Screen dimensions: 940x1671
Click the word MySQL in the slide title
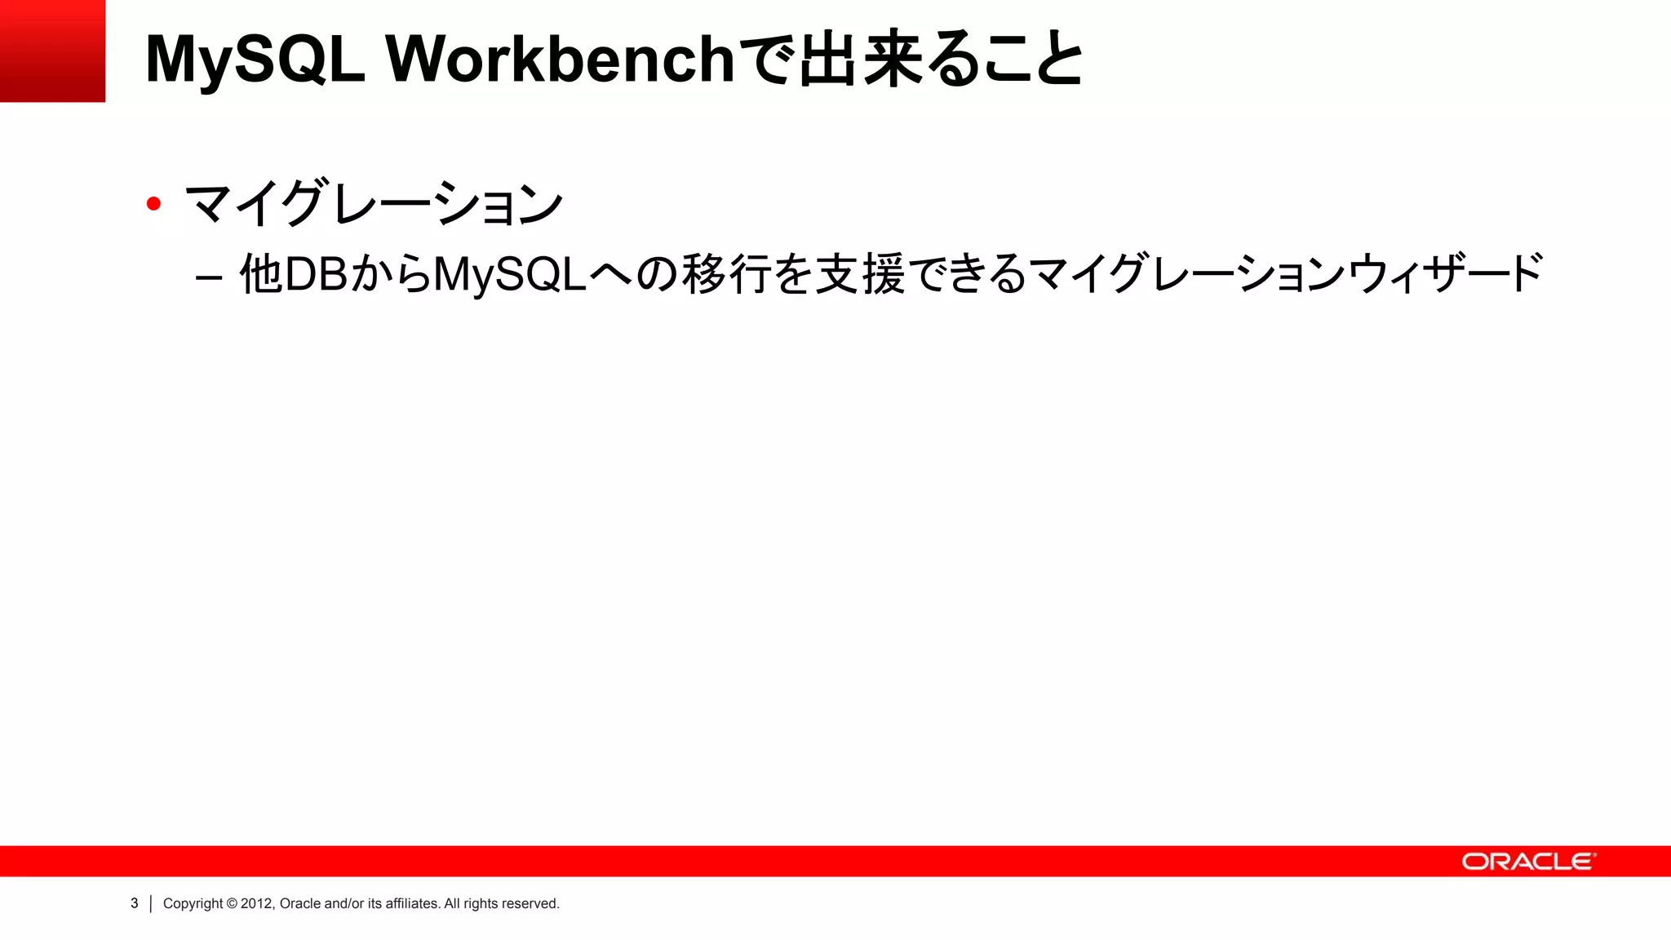pos(255,59)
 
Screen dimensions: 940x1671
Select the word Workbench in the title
pos(561,59)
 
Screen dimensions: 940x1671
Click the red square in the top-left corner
pos(52,51)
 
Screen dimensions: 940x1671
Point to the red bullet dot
pos(153,203)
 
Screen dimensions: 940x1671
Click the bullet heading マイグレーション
pos(375,203)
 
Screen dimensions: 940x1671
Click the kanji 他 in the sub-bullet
pos(261,273)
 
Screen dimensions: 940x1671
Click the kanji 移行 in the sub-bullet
pos(726,273)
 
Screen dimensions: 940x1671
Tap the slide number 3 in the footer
pos(135,903)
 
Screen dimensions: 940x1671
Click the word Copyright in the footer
pos(193,904)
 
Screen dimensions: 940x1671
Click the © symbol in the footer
pos(232,903)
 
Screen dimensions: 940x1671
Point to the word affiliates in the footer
pos(412,903)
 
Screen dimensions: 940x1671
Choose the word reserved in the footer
pos(530,903)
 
